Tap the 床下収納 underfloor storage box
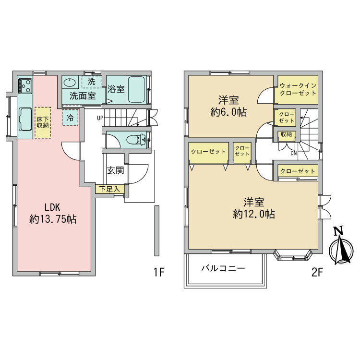coord(42,122)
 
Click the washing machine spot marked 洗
coord(91,82)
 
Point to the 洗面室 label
coord(83,96)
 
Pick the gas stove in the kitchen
coord(25,87)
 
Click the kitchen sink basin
coord(25,119)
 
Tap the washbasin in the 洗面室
coord(70,82)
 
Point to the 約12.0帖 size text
coord(254,215)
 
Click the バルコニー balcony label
coord(223,268)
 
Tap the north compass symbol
coord(340,247)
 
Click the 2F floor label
coord(317,273)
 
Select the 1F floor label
coord(159,273)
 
